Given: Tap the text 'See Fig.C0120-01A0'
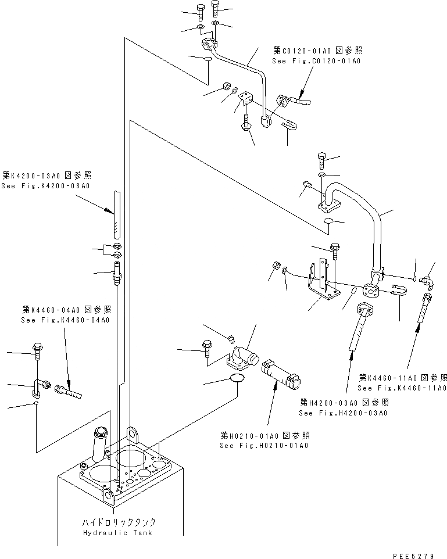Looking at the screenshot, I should pyautogui.click(x=316, y=60).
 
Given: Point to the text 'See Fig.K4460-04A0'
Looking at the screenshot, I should pyautogui.click(x=65, y=320).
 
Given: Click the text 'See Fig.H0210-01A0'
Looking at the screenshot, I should pyautogui.click(x=264, y=446).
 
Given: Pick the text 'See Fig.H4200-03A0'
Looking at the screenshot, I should pyautogui.click(x=343, y=413).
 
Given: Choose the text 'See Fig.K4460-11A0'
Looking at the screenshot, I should pyautogui.click(x=402, y=388).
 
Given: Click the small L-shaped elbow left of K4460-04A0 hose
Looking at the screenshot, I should pyautogui.click(x=39, y=386).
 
